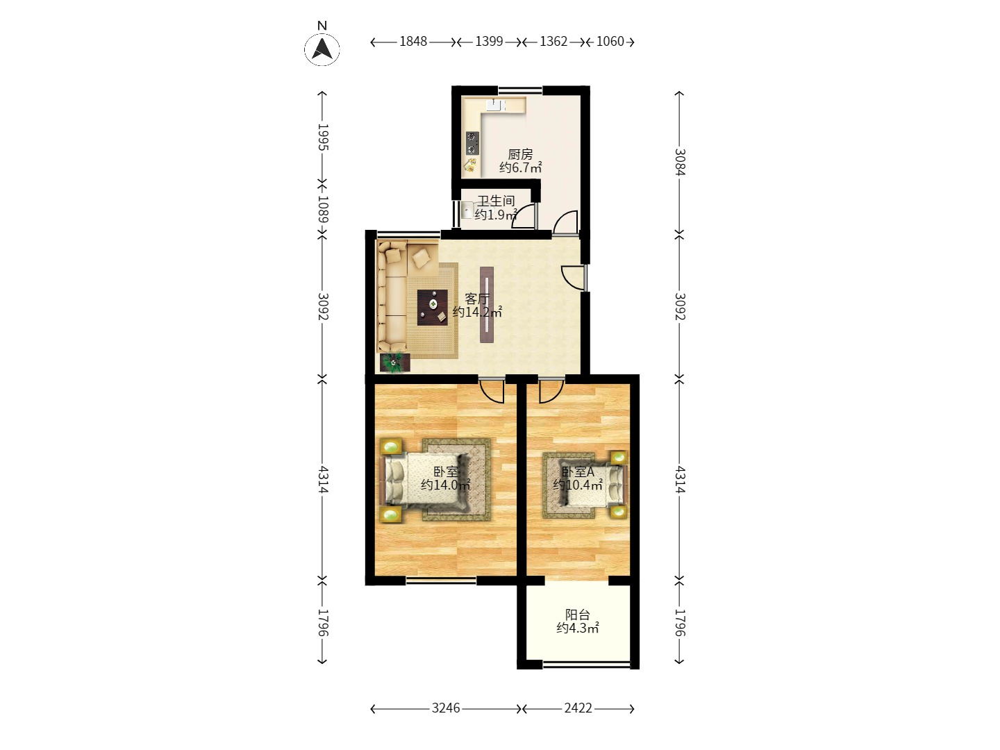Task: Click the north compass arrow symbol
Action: (322, 49)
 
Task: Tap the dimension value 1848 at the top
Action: (413, 42)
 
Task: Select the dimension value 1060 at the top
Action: (610, 42)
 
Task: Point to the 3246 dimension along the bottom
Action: (446, 708)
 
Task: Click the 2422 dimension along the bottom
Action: (578, 708)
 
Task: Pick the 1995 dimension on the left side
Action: (323, 137)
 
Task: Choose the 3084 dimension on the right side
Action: (680, 162)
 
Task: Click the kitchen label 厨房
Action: (520, 154)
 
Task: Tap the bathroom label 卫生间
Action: (496, 201)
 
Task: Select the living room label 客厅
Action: (477, 299)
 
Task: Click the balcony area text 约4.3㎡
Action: (577, 628)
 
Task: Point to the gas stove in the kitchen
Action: (472, 143)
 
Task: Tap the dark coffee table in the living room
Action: (433, 308)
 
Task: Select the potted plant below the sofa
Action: (394, 362)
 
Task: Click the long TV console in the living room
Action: (487, 304)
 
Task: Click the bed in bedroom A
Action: (594, 485)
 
